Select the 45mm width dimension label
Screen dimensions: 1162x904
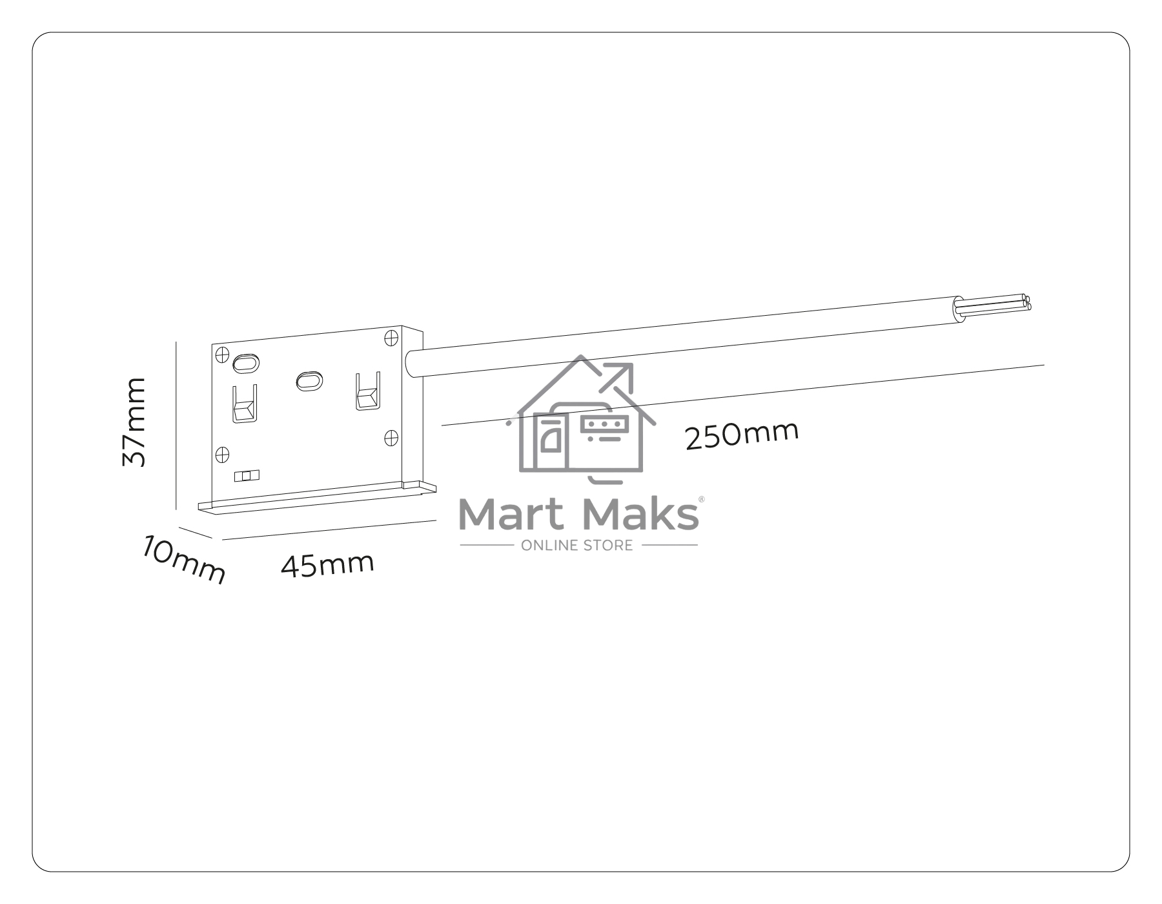327,564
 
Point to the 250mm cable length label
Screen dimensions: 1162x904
742,435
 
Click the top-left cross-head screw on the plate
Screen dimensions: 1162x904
222,354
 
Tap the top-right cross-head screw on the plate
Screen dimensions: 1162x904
391,338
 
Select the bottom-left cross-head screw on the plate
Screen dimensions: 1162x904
222,454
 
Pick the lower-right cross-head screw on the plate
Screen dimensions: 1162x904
391,438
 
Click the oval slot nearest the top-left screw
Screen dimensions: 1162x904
245,363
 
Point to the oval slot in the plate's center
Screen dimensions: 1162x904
309,380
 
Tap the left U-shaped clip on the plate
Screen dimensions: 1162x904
245,404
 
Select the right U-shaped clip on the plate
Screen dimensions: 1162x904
367,391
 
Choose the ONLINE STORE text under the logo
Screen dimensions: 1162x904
577,546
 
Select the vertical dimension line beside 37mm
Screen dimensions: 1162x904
176,426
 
